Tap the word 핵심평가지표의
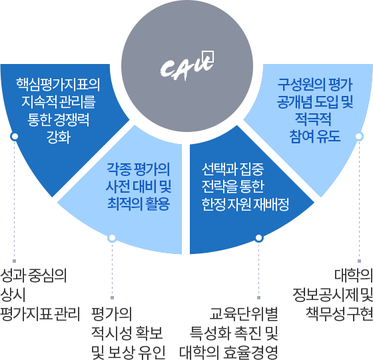click(x=59, y=85)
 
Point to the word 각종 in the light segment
click(x=119, y=169)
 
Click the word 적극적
click(x=313, y=119)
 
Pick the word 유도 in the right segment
click(x=328, y=137)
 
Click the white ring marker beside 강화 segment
click(x=15, y=137)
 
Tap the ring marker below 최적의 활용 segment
click(x=112, y=238)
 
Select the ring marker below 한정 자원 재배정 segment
click(x=259, y=238)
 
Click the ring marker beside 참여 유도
click(x=359, y=137)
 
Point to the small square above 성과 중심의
click(x=14, y=261)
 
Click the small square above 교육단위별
click(x=259, y=297)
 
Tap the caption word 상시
click(x=13, y=295)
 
